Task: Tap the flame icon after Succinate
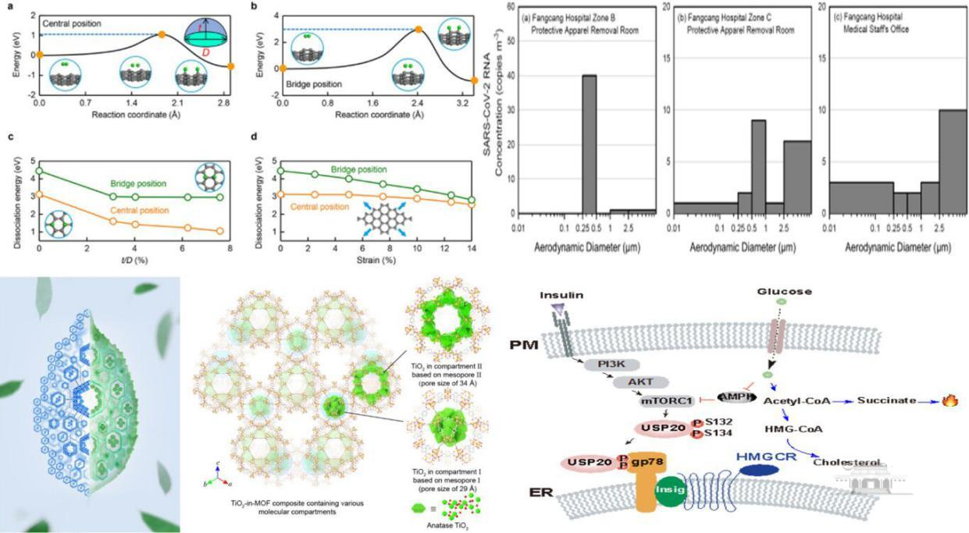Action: point(950,400)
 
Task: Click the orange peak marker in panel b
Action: point(418,30)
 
